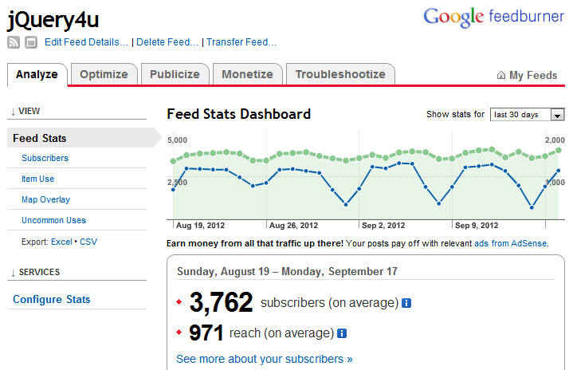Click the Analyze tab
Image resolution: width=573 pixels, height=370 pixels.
37,74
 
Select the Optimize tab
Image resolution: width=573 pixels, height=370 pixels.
104,74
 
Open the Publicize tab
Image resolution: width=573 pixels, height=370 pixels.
175,74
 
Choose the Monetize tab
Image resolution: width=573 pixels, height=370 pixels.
247,74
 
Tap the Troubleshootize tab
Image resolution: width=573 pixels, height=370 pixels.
340,74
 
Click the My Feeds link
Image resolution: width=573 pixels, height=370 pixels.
528,76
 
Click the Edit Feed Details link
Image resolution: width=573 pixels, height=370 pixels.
86,42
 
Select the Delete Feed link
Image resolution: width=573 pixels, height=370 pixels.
167,42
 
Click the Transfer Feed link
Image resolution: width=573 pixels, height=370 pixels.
241,42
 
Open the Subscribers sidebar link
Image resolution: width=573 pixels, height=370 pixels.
45,158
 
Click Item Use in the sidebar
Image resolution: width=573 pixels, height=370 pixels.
37,179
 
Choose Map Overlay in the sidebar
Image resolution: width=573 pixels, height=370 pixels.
45,199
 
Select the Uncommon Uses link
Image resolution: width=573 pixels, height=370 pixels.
53,220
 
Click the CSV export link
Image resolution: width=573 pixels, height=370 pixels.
88,242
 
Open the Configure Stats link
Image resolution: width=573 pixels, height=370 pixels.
51,299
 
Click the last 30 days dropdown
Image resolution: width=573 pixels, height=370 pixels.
527,115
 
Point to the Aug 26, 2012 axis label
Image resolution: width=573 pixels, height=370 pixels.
292,225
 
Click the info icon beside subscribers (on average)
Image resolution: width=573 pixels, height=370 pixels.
406,303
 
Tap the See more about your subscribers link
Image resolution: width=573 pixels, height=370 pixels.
264,359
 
